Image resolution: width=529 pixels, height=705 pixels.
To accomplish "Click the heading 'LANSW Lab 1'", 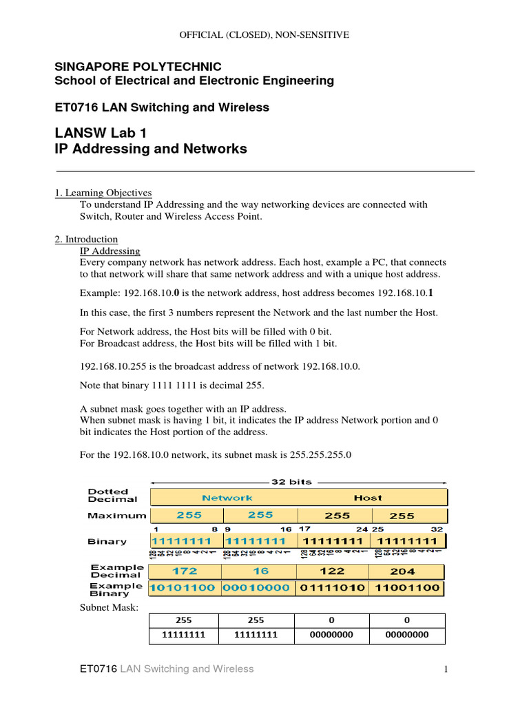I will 101,133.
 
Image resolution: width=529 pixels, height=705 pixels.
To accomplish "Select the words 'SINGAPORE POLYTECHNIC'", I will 138,67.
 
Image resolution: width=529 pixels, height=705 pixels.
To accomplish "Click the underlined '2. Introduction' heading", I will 86,240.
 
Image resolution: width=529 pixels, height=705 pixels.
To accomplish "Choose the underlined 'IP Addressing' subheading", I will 110,251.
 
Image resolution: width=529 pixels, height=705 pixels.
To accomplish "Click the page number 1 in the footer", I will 446,669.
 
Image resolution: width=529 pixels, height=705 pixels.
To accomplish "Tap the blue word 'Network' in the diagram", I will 227,497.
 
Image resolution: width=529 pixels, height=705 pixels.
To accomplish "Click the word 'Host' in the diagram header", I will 367,497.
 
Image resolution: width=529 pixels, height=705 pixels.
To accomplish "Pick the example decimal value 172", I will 185,571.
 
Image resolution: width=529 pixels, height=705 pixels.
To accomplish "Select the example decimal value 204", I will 403,571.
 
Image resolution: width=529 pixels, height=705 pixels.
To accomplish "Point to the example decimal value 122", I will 332,571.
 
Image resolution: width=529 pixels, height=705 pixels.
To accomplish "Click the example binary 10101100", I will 185,589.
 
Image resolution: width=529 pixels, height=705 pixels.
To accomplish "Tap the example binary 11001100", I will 406,589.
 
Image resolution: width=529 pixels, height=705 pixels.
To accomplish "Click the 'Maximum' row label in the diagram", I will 117,515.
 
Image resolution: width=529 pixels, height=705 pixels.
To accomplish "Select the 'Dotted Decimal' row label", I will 112,496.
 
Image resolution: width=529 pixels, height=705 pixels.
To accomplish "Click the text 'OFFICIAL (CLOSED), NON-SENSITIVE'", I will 264,34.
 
